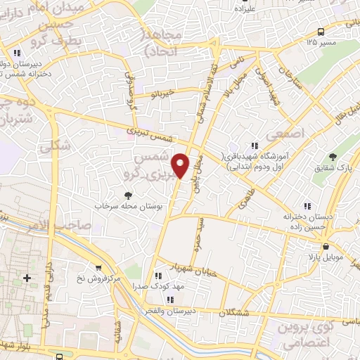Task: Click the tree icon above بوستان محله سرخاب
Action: coord(127,195)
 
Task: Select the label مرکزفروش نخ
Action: coord(98,279)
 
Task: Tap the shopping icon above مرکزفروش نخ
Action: coord(98,268)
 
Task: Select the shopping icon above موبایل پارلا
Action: coord(327,247)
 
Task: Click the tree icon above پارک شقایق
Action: coord(333,155)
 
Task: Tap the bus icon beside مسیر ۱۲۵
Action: coord(321,31)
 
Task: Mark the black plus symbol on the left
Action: coord(27,278)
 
